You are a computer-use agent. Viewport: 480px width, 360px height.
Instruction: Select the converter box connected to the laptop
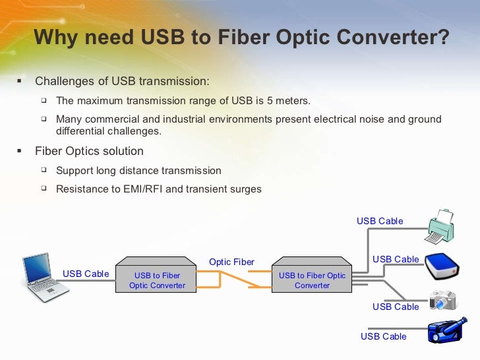coord(157,280)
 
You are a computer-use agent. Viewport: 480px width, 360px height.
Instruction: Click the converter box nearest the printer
coord(312,280)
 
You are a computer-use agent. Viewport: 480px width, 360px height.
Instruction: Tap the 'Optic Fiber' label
coord(231,262)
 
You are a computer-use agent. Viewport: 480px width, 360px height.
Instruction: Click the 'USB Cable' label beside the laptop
coord(86,274)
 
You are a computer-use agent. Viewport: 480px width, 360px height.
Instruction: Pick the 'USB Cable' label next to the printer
coord(380,221)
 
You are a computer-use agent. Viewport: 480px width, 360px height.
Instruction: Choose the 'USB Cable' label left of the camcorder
coord(383,336)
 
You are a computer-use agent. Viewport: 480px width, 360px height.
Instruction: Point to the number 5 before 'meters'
coord(258,101)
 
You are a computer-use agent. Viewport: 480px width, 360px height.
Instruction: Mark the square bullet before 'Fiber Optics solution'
coord(18,151)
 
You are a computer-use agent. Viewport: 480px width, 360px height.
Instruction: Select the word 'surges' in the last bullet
coord(246,189)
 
